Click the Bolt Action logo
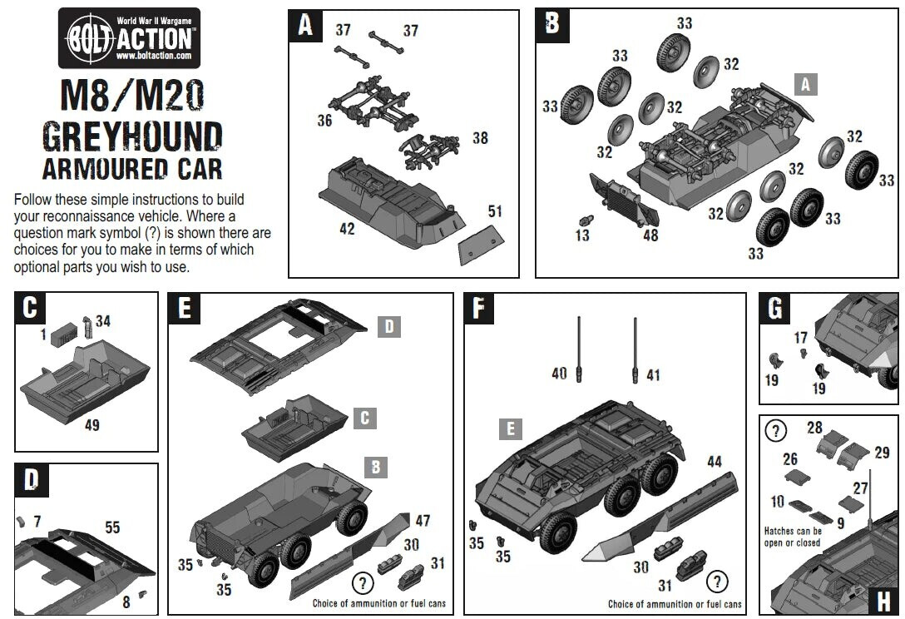click(129, 38)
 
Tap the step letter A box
click(305, 26)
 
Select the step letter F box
click(478, 308)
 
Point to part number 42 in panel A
click(347, 228)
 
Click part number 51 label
click(495, 211)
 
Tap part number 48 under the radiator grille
click(650, 235)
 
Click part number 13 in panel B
click(582, 235)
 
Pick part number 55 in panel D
click(112, 527)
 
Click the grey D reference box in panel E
click(389, 326)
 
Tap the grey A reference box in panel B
click(805, 84)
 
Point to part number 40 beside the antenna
click(559, 374)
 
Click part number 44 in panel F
click(715, 461)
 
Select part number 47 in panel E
click(423, 521)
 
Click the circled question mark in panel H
click(775, 430)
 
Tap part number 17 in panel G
click(800, 338)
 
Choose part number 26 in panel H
click(789, 458)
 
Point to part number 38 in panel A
click(480, 138)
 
